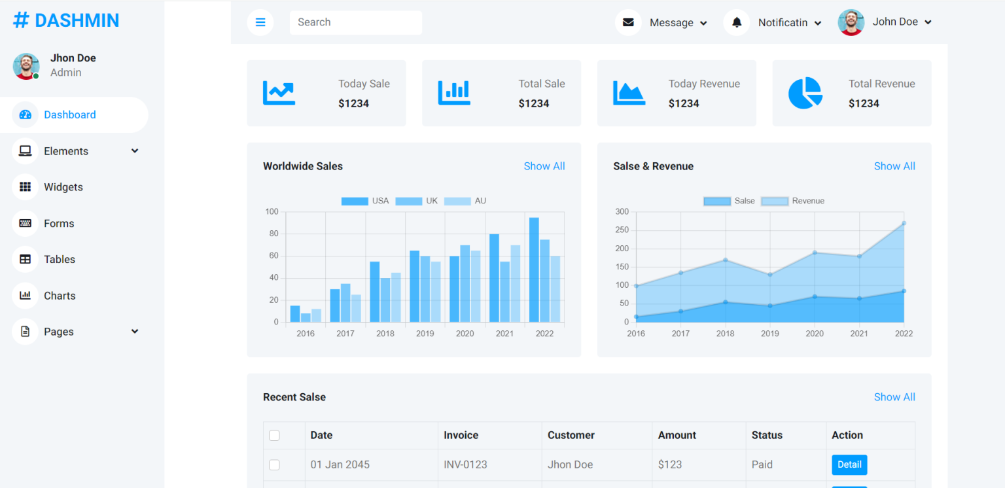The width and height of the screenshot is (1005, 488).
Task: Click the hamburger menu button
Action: [x=260, y=22]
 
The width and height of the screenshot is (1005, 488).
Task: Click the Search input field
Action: [x=355, y=22]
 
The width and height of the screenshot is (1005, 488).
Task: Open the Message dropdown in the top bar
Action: [x=678, y=23]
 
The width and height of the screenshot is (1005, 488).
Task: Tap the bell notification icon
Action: [x=737, y=22]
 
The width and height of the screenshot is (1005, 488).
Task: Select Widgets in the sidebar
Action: [x=63, y=187]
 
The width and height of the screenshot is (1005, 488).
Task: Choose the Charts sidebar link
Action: [x=60, y=296]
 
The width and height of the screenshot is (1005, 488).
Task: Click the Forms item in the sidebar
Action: [x=59, y=223]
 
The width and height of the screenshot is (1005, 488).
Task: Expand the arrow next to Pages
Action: [x=135, y=332]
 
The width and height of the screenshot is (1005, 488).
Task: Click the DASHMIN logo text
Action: [x=77, y=20]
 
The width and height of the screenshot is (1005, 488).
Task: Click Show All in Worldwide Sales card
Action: [x=544, y=166]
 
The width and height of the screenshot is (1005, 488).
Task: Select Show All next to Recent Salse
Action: [x=894, y=397]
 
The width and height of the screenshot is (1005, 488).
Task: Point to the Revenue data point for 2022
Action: [x=904, y=223]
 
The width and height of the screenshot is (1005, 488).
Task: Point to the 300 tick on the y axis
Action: [x=622, y=212]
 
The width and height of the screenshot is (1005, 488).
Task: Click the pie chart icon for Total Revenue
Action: [x=805, y=93]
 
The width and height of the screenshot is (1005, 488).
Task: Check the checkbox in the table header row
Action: [x=274, y=436]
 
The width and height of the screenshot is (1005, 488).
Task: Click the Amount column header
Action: [x=677, y=435]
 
